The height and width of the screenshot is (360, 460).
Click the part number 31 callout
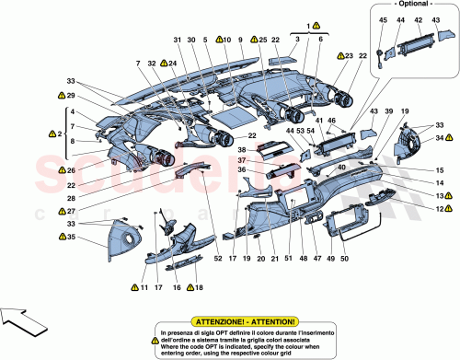(177, 40)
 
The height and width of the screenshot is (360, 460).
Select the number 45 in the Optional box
(383, 20)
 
